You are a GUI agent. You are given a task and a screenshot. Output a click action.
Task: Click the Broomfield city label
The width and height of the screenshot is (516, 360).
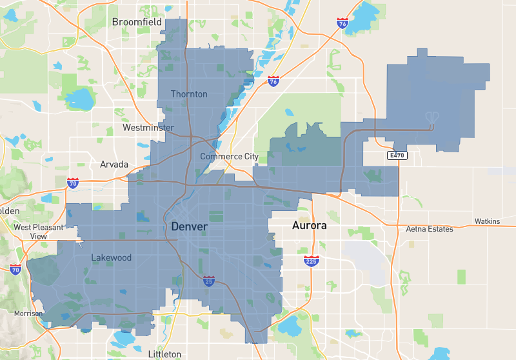(137, 22)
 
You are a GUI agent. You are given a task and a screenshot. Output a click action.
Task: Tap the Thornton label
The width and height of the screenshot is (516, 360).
(189, 94)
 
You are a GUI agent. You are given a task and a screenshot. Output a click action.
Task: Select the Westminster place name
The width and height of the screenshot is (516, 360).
(148, 128)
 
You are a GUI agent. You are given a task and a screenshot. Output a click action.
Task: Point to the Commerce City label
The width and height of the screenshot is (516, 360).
(229, 157)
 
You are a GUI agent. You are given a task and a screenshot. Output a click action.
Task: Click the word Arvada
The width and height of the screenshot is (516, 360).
(114, 165)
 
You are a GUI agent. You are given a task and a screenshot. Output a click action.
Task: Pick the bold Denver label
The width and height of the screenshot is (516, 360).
(189, 226)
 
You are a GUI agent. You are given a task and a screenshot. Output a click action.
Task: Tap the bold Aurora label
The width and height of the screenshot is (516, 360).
(310, 226)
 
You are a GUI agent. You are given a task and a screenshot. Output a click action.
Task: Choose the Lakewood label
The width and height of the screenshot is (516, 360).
(111, 257)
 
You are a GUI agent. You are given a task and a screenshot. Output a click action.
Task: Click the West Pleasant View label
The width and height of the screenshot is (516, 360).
(39, 232)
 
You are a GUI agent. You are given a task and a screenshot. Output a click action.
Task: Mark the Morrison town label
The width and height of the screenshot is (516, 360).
(28, 314)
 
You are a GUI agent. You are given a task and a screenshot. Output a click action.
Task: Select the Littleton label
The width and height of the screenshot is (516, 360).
(164, 354)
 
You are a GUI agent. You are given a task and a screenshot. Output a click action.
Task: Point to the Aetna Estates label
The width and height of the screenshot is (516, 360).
(430, 229)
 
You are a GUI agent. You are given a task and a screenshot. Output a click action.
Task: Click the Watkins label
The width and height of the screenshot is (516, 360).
(487, 221)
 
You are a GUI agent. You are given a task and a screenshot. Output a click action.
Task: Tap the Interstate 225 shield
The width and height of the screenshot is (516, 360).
(311, 261)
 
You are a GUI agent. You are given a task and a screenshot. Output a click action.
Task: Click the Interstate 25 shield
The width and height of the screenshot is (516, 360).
(208, 281)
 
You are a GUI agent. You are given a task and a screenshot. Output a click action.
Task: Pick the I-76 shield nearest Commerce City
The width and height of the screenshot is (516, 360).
(273, 82)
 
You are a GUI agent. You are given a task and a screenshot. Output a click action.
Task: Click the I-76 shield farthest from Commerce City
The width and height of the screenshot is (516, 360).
(342, 23)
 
